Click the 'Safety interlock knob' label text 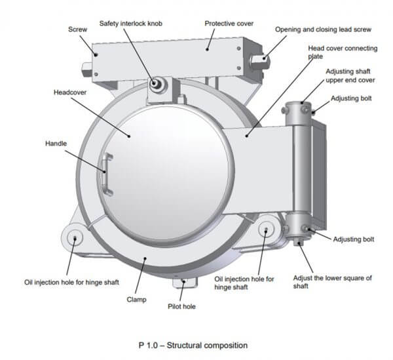click(130, 24)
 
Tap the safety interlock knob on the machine click(157, 84)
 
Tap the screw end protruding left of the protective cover click(87, 67)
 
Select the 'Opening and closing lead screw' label click(323, 30)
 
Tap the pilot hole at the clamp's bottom click(182, 283)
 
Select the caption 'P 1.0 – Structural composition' click(193, 344)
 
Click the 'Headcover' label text click(69, 92)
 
